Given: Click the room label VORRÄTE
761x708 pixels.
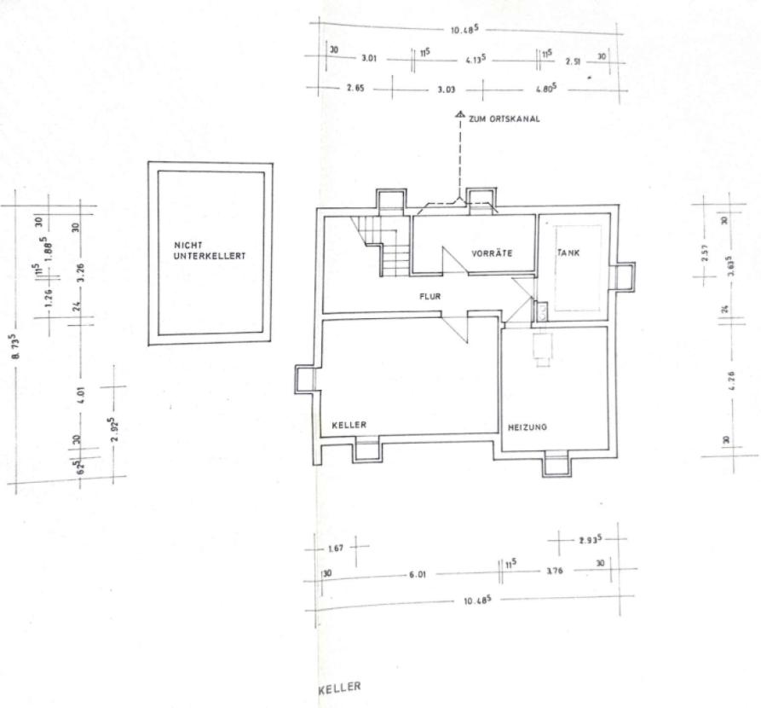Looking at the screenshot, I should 491,253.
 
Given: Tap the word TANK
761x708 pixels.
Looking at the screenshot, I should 568,252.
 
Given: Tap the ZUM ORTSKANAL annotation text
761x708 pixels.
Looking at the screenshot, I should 503,119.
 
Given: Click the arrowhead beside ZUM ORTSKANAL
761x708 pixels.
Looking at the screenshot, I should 459,115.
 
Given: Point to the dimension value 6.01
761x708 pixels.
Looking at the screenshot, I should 418,574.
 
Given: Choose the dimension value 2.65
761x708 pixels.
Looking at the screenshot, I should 355,89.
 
